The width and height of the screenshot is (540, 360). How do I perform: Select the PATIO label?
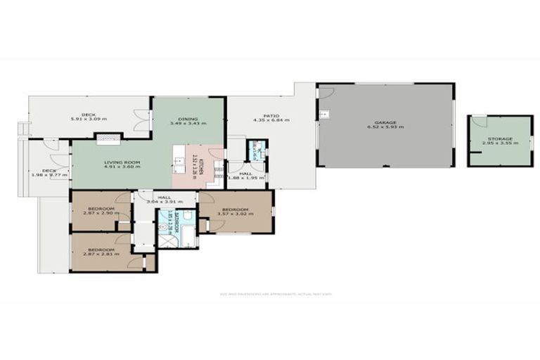(271, 116)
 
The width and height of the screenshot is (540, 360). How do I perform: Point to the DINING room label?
(188, 119)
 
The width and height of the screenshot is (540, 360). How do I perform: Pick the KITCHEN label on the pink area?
(201, 167)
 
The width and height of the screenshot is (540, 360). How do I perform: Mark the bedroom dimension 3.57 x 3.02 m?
(235, 214)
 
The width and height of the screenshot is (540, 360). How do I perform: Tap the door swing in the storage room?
(479, 122)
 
